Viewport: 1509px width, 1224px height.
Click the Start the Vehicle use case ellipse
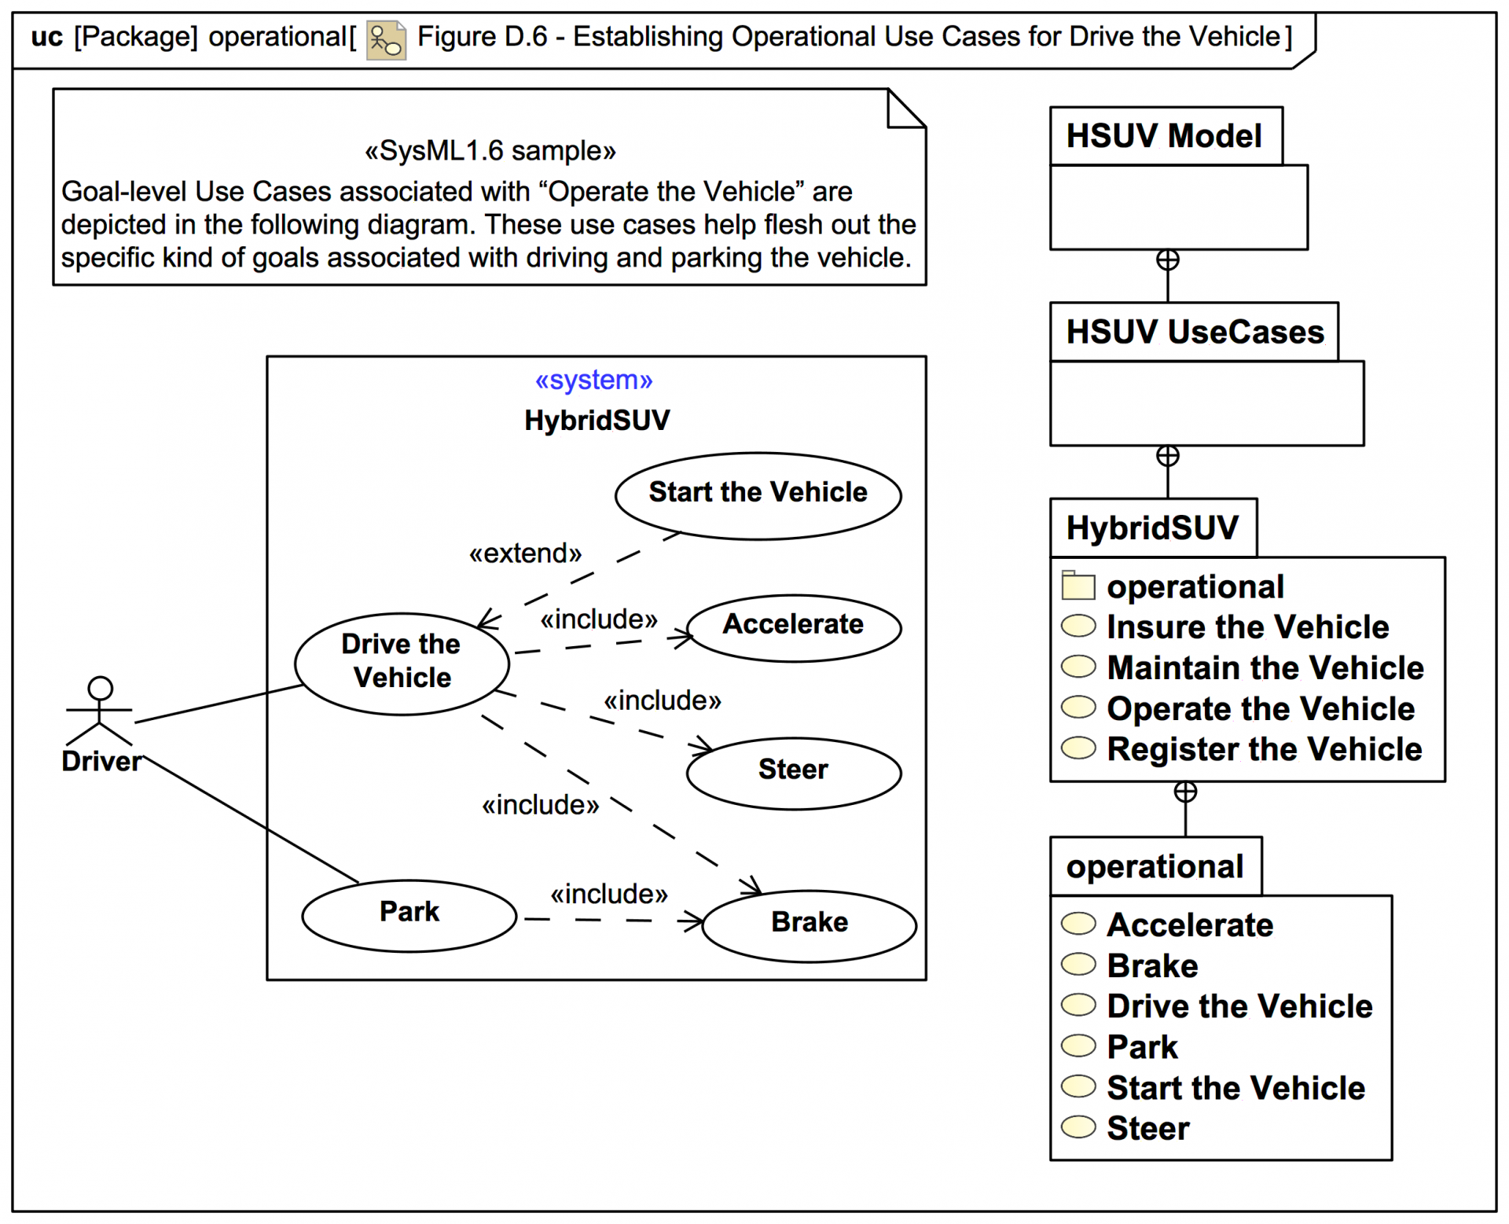pos(758,495)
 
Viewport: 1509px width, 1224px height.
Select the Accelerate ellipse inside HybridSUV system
pos(793,627)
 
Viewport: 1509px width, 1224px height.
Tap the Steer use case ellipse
pos(793,772)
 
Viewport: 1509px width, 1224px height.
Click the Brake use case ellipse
pos(809,925)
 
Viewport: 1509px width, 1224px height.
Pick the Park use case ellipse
pos(409,914)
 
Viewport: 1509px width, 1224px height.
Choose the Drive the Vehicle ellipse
pos(402,663)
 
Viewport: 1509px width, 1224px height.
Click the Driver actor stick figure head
pos(100,688)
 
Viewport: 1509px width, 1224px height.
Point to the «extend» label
pos(525,553)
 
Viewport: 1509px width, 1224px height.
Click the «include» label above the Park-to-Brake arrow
pos(608,894)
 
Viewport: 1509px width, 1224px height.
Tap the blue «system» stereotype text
pos(593,380)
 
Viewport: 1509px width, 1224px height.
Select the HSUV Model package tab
pos(1165,136)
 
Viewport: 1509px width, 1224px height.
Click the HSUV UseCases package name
pos(1195,332)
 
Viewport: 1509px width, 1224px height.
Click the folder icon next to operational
pos(1078,586)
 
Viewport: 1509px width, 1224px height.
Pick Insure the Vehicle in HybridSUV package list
pos(1247,627)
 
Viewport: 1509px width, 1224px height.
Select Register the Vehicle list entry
pos(1264,749)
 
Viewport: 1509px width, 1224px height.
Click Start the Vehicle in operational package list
pos(1235,1088)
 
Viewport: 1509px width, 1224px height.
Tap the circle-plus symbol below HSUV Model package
pos(1167,260)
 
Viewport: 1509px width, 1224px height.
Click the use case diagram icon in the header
pos(385,39)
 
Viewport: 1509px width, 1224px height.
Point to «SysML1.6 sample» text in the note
pos(490,150)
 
